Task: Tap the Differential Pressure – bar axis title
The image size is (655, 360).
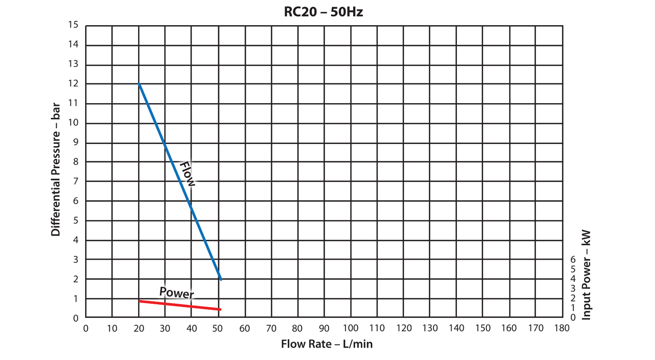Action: point(56,171)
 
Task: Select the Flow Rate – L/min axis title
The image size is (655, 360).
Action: point(326,344)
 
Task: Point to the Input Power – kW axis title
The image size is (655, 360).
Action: point(587,274)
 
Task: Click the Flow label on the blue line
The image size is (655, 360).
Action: point(187,174)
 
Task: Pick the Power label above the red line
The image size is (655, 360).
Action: point(176,292)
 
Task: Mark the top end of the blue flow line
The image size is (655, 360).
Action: point(139,84)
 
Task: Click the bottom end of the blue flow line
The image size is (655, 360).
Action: point(221,279)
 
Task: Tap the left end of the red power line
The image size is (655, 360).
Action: point(140,301)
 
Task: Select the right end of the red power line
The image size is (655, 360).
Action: point(220,309)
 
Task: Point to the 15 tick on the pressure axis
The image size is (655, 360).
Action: point(74,25)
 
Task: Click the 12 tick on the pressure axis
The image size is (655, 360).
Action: point(74,84)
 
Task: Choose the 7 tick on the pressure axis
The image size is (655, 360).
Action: point(76,181)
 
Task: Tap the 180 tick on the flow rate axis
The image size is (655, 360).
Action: point(562,328)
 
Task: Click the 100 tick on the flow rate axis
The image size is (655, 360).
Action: point(350,328)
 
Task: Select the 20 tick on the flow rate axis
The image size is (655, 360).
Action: point(139,328)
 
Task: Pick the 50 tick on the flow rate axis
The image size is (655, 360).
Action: point(218,328)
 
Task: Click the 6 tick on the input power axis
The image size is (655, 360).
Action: point(573,259)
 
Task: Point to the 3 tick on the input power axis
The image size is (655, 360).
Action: point(573,288)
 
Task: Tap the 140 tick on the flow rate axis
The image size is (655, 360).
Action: point(456,328)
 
